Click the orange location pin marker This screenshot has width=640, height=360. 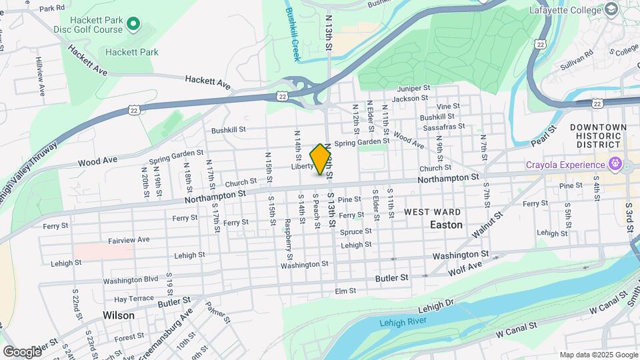(x=321, y=159)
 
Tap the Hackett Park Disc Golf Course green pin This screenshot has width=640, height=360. (x=133, y=25)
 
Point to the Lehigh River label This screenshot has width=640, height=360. (x=402, y=323)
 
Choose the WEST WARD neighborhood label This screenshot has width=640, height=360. (x=432, y=211)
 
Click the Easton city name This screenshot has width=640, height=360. (x=446, y=225)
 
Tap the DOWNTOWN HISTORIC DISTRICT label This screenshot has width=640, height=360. (x=598, y=135)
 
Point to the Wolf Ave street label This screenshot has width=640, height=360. (x=465, y=267)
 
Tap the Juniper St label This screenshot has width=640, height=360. (x=413, y=88)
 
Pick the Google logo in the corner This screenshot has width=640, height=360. (x=22, y=351)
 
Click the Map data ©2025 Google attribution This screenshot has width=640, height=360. (x=598, y=355)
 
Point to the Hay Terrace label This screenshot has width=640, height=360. (x=133, y=299)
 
